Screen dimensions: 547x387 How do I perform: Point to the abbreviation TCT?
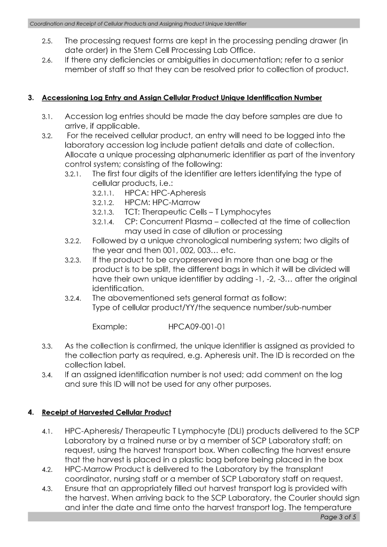pyautogui.click(x=132, y=212)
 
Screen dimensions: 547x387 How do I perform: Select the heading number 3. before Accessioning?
pyautogui.click(x=31, y=98)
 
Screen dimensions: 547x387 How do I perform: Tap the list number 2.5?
pyautogui.click(x=48, y=41)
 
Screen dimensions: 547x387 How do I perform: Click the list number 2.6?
pyautogui.click(x=48, y=60)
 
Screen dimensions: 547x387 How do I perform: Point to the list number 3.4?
pyautogui.click(x=48, y=375)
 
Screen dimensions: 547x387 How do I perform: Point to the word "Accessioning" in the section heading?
pyautogui.click(x=67, y=98)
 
